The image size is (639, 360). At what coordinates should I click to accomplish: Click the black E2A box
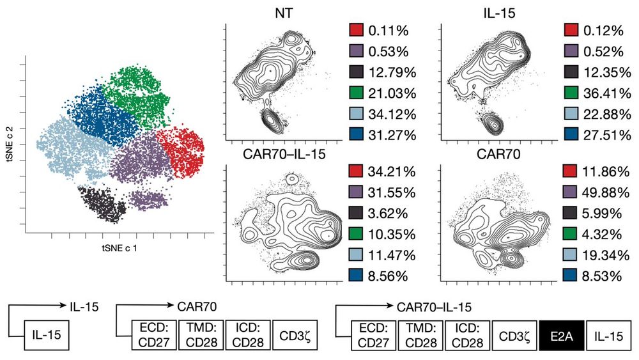click(x=562, y=335)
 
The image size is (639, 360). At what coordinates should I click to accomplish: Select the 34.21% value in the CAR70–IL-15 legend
click(x=392, y=171)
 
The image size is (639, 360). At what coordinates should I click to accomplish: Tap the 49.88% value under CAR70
click(x=608, y=192)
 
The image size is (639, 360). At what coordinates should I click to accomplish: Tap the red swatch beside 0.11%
click(x=357, y=30)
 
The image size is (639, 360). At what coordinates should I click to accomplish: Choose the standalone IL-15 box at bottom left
click(x=47, y=335)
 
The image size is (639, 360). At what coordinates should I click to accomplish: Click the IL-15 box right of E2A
click(x=608, y=335)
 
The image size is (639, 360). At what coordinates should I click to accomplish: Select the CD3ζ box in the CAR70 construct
click(x=293, y=335)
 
